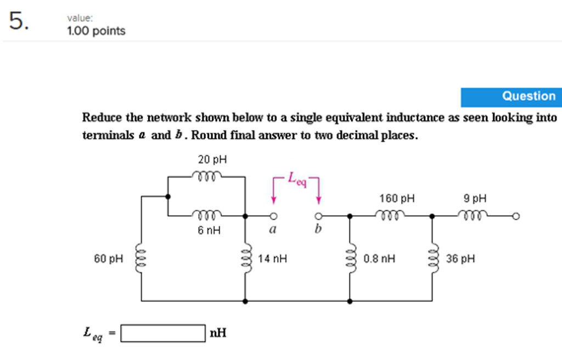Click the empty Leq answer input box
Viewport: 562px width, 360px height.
163,333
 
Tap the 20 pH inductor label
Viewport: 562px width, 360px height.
212,160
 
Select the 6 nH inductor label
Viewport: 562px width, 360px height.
209,231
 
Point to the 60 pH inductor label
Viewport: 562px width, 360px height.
110,258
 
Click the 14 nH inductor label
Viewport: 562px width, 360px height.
272,258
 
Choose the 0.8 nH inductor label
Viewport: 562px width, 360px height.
379,258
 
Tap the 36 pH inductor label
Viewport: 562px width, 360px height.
460,258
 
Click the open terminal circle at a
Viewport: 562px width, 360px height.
272,216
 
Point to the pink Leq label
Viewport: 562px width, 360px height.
298,179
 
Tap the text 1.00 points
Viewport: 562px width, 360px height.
96,31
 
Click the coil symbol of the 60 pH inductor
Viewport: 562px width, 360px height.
142,257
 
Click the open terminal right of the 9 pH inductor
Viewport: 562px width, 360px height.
515,216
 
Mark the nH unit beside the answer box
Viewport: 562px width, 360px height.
217,333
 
